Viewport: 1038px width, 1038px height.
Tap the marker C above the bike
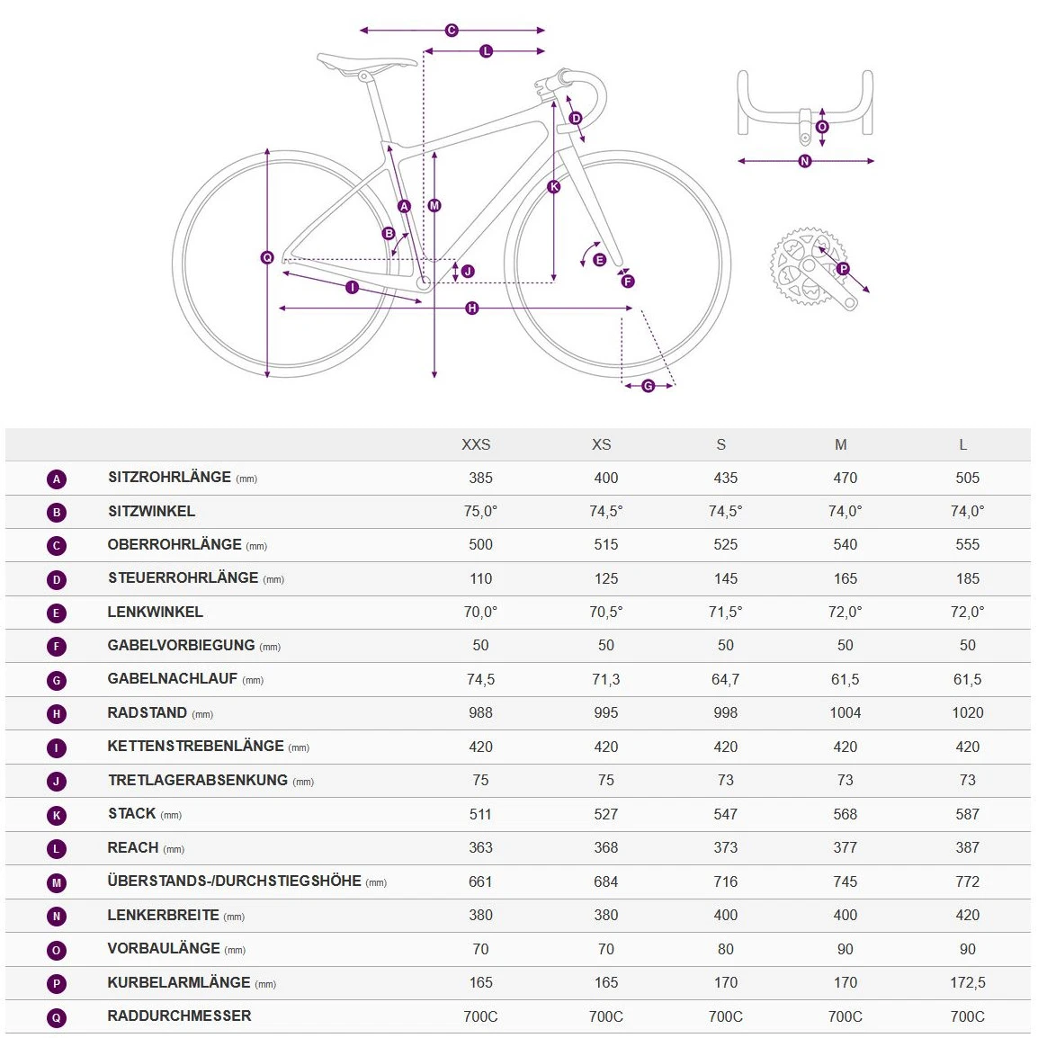(x=452, y=31)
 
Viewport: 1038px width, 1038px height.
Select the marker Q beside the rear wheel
(x=267, y=258)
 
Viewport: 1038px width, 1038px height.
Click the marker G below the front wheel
(x=649, y=386)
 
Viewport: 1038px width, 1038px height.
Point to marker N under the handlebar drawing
(x=805, y=161)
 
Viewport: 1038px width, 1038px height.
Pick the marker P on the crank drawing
(x=843, y=268)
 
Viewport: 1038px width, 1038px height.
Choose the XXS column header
(x=476, y=444)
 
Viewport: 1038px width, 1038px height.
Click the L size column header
(x=962, y=444)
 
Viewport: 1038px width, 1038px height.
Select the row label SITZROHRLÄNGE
(x=169, y=478)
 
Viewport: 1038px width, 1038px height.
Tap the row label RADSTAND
(x=148, y=713)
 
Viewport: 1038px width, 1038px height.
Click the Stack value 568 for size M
(x=845, y=814)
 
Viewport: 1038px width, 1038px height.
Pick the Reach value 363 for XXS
(x=480, y=847)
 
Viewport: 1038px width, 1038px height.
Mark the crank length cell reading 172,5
(x=967, y=982)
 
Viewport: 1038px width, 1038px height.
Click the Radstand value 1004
(x=845, y=713)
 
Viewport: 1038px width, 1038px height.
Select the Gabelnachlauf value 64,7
(x=725, y=679)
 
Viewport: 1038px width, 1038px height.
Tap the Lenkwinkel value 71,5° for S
(x=725, y=612)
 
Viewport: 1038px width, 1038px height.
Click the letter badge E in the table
(x=57, y=613)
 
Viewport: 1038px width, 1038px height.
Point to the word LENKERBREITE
(x=163, y=915)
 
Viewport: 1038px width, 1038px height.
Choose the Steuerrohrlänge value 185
(x=967, y=578)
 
